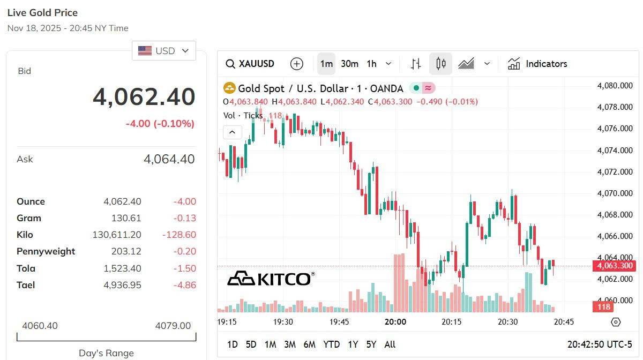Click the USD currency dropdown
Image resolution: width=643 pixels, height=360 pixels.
pyautogui.click(x=163, y=51)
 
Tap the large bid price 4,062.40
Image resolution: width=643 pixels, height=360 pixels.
pyautogui.click(x=144, y=97)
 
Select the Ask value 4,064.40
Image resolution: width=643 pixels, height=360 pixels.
pyautogui.click(x=169, y=159)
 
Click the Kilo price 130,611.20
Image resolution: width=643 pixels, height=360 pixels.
pyautogui.click(x=117, y=235)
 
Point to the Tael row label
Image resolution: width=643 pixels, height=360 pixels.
pyautogui.click(x=26, y=285)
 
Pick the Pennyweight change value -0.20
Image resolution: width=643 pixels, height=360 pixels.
pyautogui.click(x=185, y=251)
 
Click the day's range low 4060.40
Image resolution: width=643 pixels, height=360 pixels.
pyautogui.click(x=40, y=326)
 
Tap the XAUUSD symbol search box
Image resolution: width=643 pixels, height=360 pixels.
pyautogui.click(x=250, y=64)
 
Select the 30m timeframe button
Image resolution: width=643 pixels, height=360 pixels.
pyautogui.click(x=349, y=64)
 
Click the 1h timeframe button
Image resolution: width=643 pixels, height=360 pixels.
pyautogui.click(x=371, y=64)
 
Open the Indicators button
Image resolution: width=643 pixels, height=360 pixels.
pyautogui.click(x=537, y=64)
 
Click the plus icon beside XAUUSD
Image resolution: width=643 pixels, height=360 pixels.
pyautogui.click(x=296, y=64)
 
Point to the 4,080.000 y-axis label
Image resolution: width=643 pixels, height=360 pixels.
pyautogui.click(x=615, y=86)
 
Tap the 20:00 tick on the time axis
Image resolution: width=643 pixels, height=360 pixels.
pyautogui.click(x=395, y=322)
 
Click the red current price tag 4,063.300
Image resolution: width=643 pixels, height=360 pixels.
pyautogui.click(x=614, y=266)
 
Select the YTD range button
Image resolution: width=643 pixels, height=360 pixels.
pyautogui.click(x=331, y=344)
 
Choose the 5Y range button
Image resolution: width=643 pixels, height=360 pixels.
pyautogui.click(x=371, y=344)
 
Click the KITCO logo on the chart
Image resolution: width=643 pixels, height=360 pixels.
pyautogui.click(x=270, y=279)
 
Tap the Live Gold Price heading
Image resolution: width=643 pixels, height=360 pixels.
pyautogui.click(x=42, y=12)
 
